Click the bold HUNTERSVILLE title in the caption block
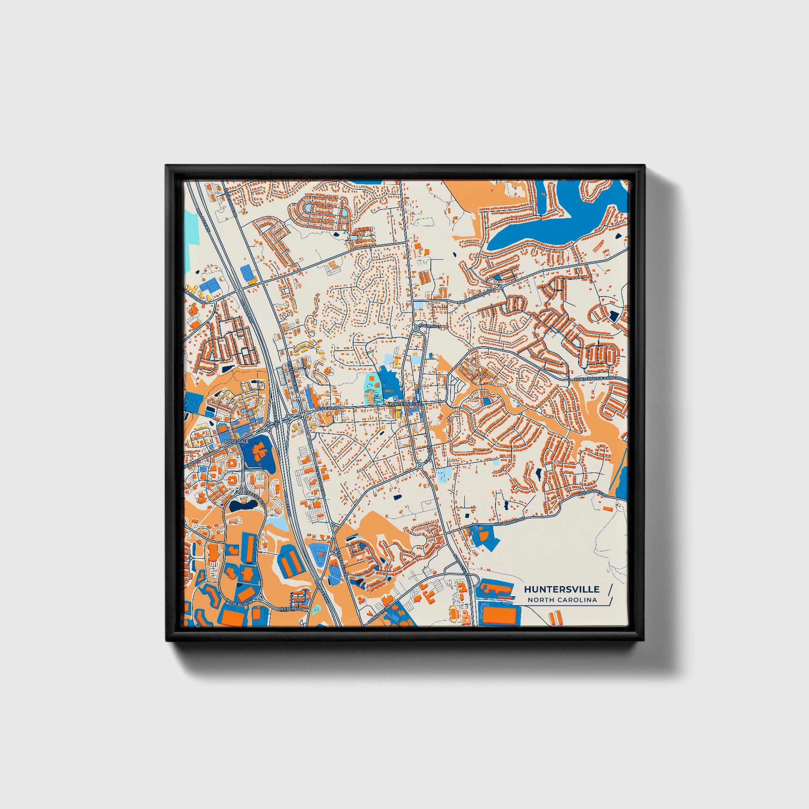pos(561,589)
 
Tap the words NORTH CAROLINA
pos(562,600)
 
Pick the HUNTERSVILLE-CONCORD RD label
pos(601,379)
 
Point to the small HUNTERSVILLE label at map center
pos(405,404)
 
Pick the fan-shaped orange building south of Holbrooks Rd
pos(483,535)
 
